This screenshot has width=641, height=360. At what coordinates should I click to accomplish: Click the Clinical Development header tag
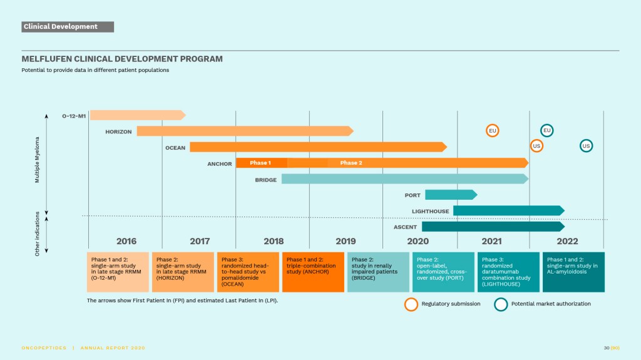(68, 27)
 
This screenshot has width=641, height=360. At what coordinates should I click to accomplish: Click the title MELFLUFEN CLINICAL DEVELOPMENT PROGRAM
(122, 59)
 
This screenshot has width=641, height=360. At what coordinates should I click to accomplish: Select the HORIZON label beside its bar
(118, 131)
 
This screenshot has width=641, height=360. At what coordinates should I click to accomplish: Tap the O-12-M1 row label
(73, 115)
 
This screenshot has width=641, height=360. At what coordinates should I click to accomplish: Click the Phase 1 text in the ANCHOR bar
(260, 163)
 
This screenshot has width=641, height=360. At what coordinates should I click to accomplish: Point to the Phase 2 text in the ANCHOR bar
(351, 163)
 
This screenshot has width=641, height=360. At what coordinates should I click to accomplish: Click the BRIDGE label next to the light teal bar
(265, 180)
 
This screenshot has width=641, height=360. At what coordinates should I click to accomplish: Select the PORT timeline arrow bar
(450, 195)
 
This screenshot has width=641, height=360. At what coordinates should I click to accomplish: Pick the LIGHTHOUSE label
(430, 211)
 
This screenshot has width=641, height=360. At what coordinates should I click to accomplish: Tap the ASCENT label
(405, 227)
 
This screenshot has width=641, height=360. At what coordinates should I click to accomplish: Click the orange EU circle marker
(493, 130)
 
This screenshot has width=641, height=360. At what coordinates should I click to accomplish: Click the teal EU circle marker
(546, 130)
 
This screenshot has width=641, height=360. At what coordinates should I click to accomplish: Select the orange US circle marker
(536, 146)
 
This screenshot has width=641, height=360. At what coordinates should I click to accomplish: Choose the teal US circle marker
(586, 146)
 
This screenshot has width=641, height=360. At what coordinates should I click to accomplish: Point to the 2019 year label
(346, 241)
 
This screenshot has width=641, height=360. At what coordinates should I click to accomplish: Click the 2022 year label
(567, 241)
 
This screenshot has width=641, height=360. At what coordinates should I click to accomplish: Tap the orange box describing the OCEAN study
(248, 272)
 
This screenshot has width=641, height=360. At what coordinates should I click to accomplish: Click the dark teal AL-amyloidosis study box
(573, 272)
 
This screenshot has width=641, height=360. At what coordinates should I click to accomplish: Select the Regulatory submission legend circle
(411, 304)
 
